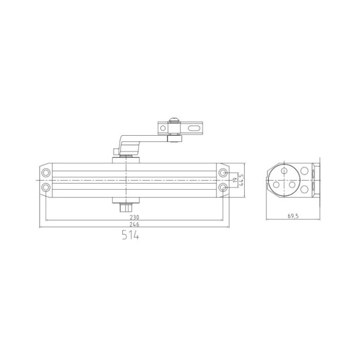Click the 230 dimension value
pyautogui.click(x=134, y=218)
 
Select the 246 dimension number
pyautogui.click(x=134, y=225)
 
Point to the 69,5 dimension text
pyautogui.click(x=293, y=217)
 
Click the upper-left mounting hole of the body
pyautogui.click(x=46, y=172)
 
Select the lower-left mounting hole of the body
pyautogui.click(x=46, y=188)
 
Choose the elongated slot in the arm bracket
pyautogui.click(x=193, y=129)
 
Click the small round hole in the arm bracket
pyautogui.click(x=160, y=129)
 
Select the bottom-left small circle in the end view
pyautogui.click(x=276, y=184)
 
